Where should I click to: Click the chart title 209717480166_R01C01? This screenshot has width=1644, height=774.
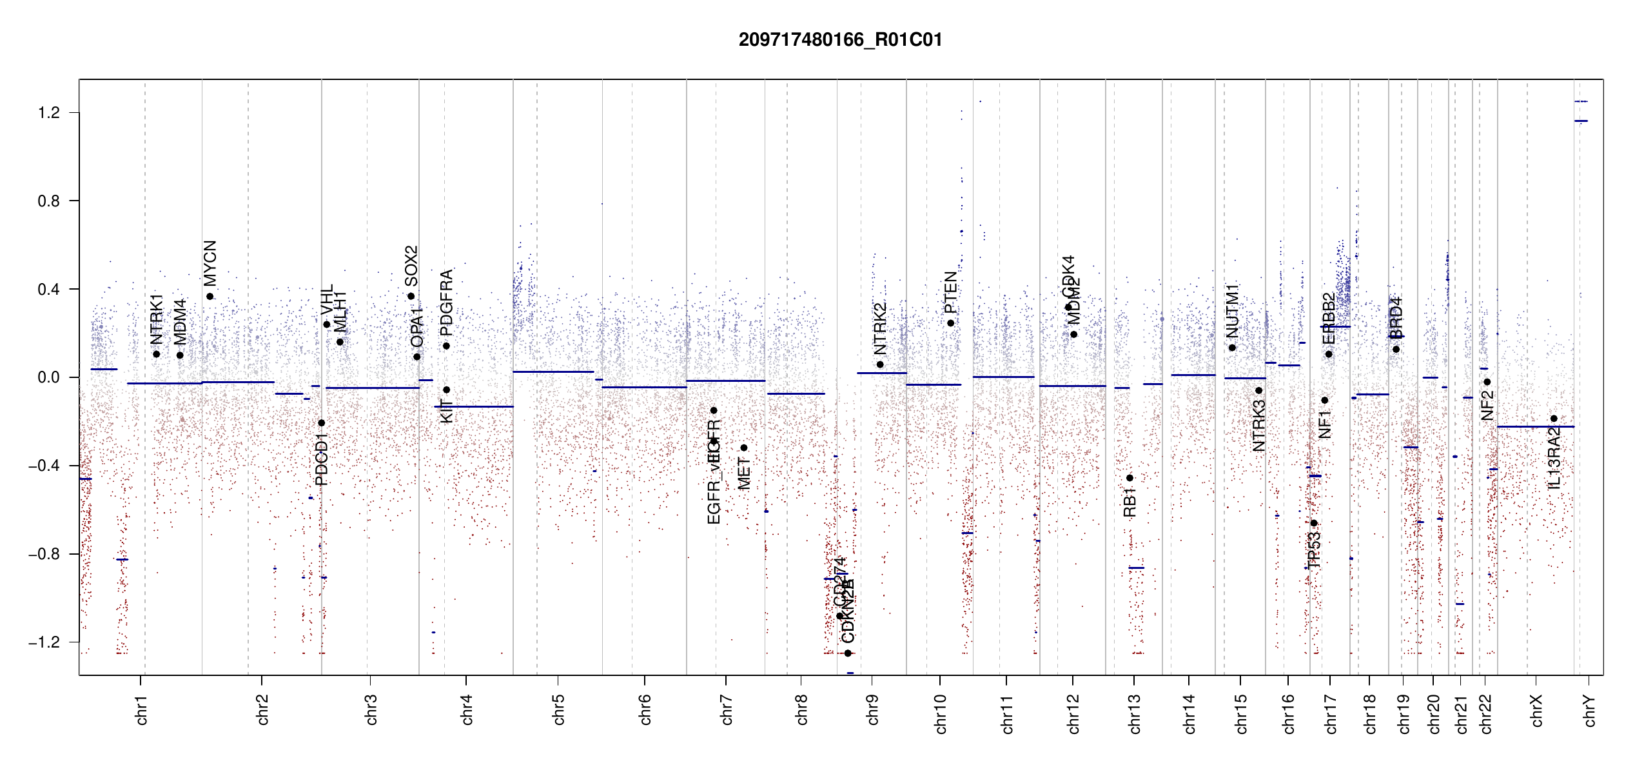(x=840, y=40)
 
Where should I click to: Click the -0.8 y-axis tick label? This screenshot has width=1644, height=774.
(x=44, y=554)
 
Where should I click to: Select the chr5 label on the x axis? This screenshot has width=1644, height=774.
(x=558, y=709)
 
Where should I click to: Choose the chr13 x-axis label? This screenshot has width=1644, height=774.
(x=1135, y=713)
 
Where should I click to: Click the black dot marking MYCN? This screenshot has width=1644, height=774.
(x=210, y=297)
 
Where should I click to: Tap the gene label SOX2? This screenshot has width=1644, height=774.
(x=411, y=266)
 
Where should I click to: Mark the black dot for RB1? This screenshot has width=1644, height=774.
(x=1130, y=478)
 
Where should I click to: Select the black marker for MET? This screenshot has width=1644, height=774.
(x=744, y=448)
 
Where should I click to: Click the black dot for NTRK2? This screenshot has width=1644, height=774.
(x=880, y=364)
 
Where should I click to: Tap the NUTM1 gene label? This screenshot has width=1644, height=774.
(x=1233, y=310)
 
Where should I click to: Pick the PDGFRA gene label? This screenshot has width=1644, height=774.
(x=446, y=303)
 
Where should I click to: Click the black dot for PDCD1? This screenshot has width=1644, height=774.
(x=322, y=423)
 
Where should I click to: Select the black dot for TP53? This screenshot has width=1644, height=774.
(x=1314, y=523)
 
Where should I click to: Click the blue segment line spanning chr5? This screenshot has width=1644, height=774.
(x=553, y=372)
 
